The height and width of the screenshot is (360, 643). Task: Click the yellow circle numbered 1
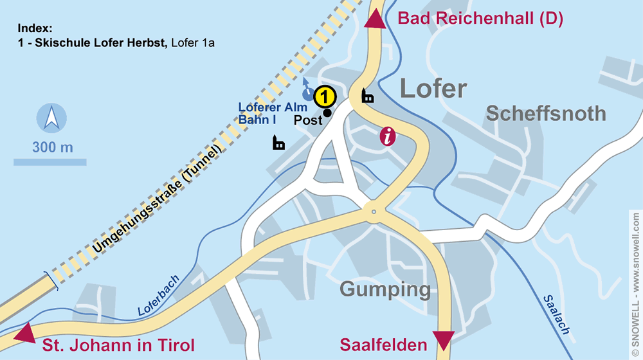click(x=325, y=97)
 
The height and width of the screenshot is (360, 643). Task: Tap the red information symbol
click(x=387, y=136)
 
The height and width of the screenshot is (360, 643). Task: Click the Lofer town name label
click(x=433, y=89)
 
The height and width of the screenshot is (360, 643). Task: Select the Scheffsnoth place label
click(x=545, y=114)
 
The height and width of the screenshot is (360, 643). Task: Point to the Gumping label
click(x=385, y=289)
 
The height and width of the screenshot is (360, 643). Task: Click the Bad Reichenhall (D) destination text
click(x=480, y=18)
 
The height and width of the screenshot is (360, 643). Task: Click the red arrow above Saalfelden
click(x=444, y=339)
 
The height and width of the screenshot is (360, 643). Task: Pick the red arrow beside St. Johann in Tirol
click(x=24, y=334)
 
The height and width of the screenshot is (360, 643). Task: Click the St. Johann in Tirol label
click(x=118, y=345)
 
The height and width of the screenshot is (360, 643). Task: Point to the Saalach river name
click(x=557, y=314)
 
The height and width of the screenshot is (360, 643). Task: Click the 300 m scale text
click(x=53, y=147)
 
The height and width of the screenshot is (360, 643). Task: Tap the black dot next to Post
click(x=327, y=113)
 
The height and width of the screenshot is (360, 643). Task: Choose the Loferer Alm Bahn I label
click(x=273, y=113)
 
